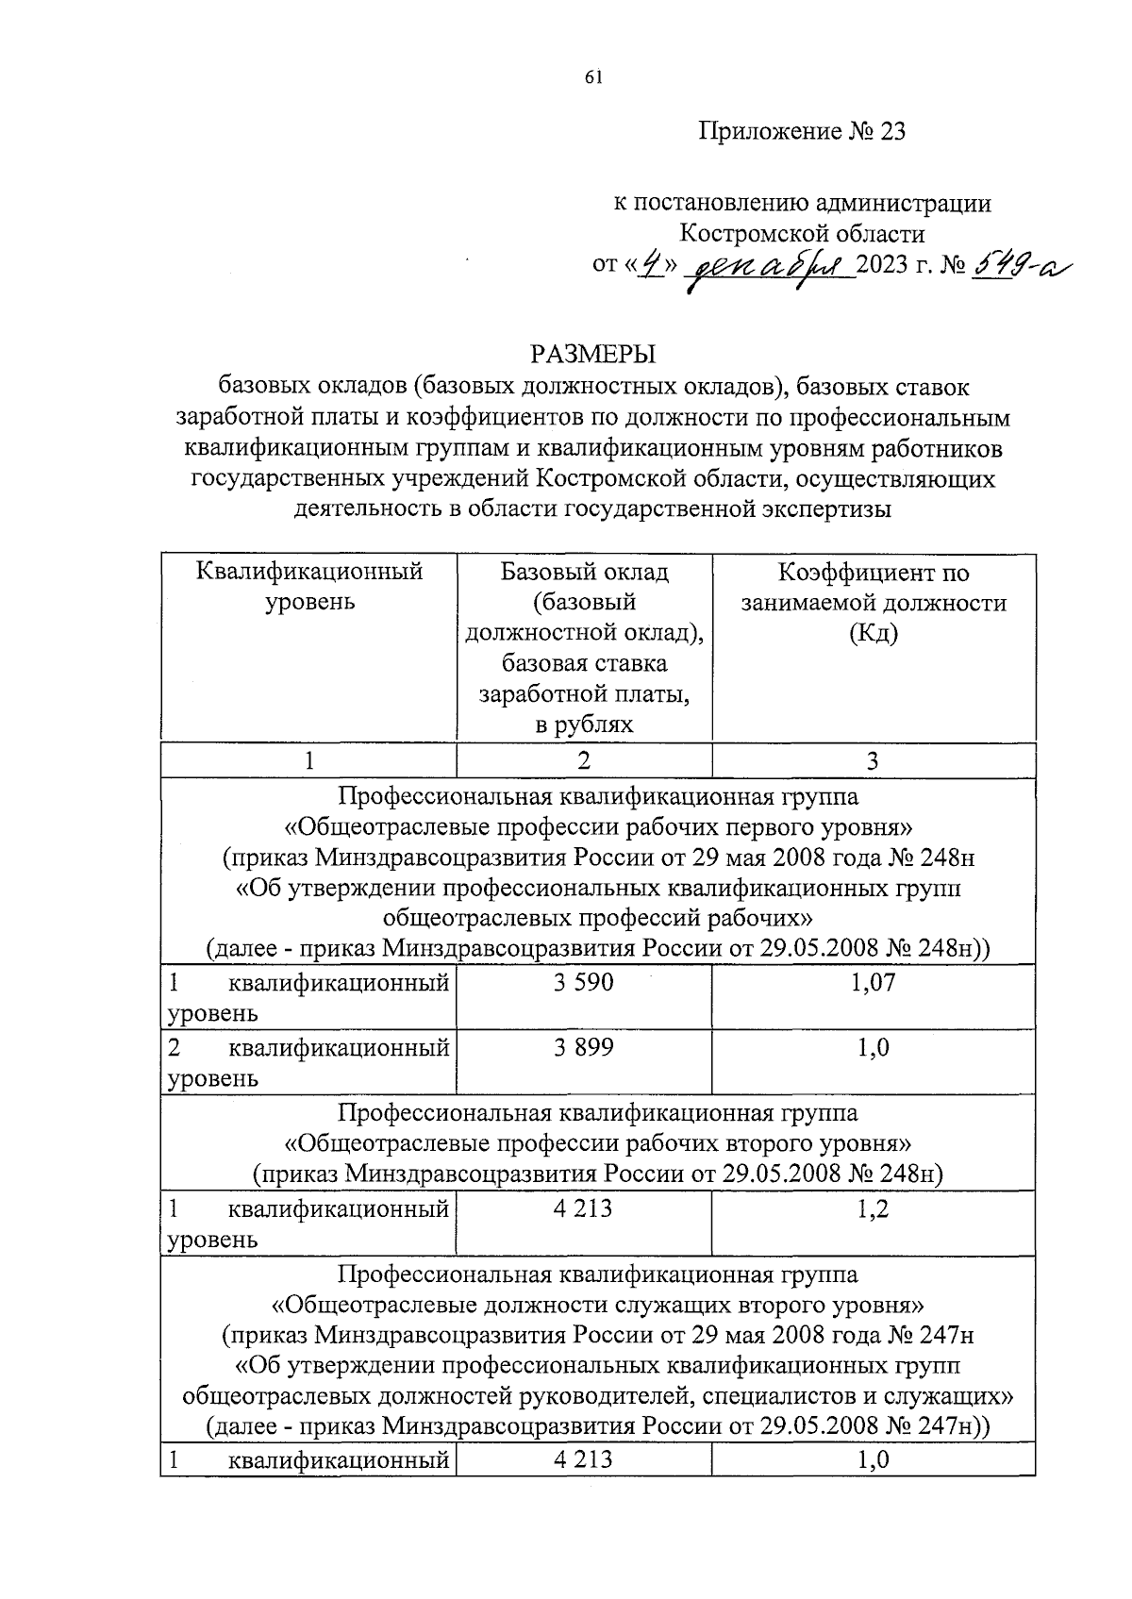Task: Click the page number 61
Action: (x=593, y=78)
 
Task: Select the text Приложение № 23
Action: (x=802, y=132)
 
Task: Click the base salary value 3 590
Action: (x=584, y=982)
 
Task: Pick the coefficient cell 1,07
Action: (x=873, y=982)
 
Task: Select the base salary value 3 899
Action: (x=584, y=1046)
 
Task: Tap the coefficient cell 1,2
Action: (x=873, y=1208)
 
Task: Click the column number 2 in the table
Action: (x=584, y=760)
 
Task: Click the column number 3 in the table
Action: (x=873, y=760)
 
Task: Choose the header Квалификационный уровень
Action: (x=308, y=586)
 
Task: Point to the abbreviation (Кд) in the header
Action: (x=873, y=633)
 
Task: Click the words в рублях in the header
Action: (x=584, y=725)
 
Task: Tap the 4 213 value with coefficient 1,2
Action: (x=584, y=1208)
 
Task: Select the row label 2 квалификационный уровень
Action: (x=308, y=1061)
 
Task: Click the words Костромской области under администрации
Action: (x=803, y=232)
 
